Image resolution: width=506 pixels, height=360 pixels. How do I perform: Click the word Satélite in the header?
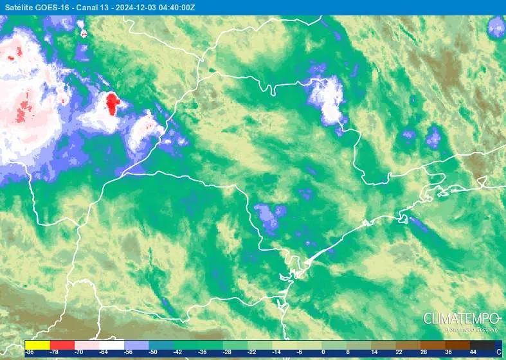click(x=19, y=7)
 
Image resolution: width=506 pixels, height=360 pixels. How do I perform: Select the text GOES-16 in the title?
click(x=53, y=7)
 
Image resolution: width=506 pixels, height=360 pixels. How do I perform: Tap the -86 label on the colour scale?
click(x=30, y=352)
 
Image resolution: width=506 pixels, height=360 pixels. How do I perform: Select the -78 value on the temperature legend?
click(x=55, y=352)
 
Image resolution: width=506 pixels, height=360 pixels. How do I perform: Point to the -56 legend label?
click(x=129, y=352)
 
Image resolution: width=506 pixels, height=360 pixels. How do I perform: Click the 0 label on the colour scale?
click(x=323, y=352)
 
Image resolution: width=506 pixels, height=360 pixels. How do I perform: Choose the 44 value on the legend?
click(x=473, y=352)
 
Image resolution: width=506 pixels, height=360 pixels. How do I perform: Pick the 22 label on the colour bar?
click(x=399, y=352)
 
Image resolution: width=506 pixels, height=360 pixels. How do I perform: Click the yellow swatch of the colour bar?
click(x=37, y=345)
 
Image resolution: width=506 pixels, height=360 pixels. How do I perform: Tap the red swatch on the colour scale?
click(x=62, y=345)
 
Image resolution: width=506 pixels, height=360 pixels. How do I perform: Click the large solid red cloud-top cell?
click(x=113, y=103)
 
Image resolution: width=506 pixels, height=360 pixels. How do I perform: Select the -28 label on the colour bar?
click(x=227, y=352)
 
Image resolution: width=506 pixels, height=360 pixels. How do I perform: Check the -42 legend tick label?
click(x=177, y=352)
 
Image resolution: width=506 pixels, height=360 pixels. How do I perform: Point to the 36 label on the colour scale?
click(x=448, y=352)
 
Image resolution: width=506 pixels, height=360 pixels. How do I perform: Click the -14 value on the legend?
click(x=276, y=352)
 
